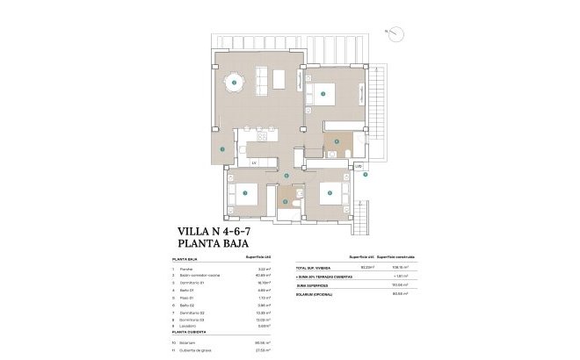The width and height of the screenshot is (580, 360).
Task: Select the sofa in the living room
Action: coord(279,78)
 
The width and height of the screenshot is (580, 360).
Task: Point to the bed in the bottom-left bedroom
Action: coord(245,194)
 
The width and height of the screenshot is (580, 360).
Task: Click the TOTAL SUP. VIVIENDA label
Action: coord(315,268)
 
